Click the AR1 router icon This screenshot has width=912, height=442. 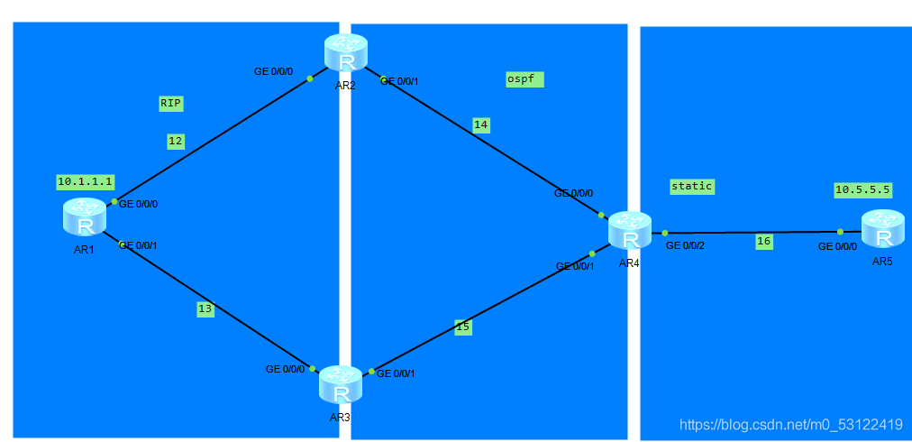point(85,219)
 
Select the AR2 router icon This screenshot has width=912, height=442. point(347,54)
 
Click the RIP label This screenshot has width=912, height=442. point(170,104)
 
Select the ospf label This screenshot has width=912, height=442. point(521,79)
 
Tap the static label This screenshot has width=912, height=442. point(691,186)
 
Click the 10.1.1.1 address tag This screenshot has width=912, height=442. point(85,181)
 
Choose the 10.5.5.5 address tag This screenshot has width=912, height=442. point(862,189)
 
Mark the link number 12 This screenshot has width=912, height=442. point(175,141)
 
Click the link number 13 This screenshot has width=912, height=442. point(205,308)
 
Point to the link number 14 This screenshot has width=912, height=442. point(480,125)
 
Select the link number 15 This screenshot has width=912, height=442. point(462,327)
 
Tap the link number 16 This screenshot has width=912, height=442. point(763,241)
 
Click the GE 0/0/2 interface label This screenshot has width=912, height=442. point(685,245)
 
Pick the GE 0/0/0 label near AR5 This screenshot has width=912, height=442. point(837,246)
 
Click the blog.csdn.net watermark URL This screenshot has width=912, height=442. point(790,424)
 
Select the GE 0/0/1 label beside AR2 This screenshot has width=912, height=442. point(400,81)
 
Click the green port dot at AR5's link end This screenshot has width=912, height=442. point(841,232)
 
